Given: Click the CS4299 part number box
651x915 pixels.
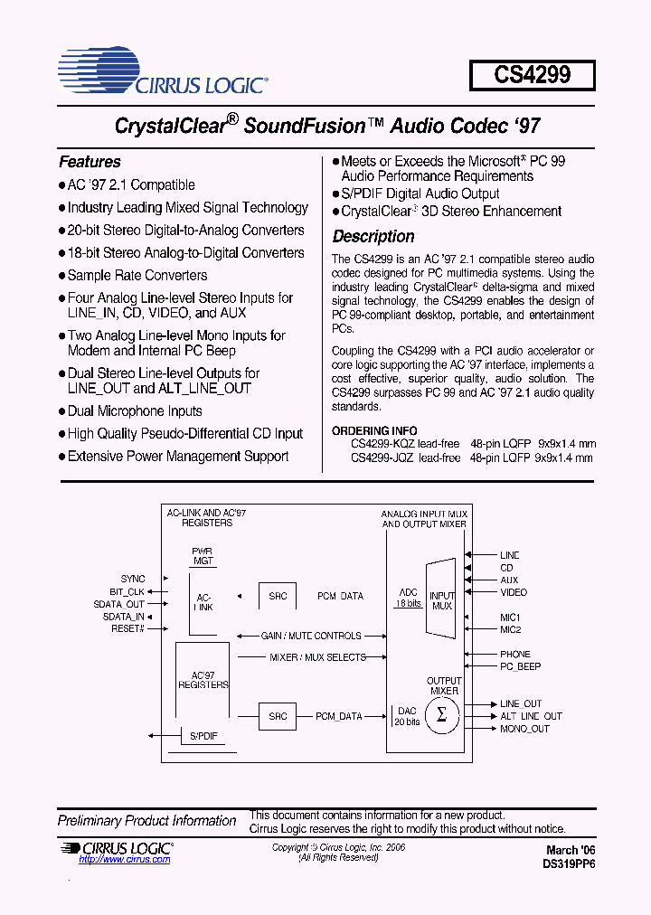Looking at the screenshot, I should [x=533, y=75].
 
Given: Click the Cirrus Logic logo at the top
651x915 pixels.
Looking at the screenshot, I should [x=163, y=73].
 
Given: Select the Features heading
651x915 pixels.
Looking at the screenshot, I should [x=90, y=162].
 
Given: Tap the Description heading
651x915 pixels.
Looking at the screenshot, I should [x=373, y=237].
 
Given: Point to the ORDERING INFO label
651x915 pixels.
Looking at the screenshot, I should [x=374, y=431].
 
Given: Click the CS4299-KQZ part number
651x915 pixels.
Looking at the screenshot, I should [x=382, y=444].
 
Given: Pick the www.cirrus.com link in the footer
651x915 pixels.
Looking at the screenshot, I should [x=125, y=860].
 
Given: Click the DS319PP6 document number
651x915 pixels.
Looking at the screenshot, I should [x=569, y=863].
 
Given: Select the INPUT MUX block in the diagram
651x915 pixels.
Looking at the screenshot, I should [x=441, y=600].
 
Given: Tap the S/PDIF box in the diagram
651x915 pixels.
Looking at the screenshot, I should [x=204, y=737].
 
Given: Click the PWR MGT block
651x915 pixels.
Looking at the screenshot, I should [x=203, y=556].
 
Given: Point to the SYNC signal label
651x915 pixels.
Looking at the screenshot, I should [x=133, y=579].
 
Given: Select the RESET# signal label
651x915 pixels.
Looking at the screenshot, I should [x=127, y=627].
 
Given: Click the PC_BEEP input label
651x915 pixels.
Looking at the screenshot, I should [x=520, y=666].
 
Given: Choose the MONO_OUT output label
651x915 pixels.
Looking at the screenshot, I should [x=524, y=729].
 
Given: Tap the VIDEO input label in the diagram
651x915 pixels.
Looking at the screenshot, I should [x=514, y=593].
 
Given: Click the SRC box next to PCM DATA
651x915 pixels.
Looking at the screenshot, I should [x=278, y=596].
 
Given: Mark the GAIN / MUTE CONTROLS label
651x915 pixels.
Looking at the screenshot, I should [x=310, y=636].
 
